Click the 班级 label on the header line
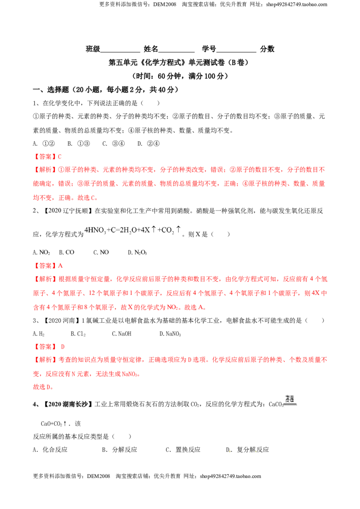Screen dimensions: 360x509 tap(93, 49)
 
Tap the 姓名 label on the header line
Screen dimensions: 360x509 tap(151, 49)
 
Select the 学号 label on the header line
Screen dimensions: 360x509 tap(209, 49)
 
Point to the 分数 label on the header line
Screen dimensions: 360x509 tap(267, 49)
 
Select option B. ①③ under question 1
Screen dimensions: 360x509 tap(79, 143)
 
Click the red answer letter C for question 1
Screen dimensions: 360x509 tap(59, 157)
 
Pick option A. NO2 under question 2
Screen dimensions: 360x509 tap(41, 253)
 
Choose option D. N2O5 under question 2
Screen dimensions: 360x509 tap(137, 253)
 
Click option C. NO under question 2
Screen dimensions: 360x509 tap(101, 252)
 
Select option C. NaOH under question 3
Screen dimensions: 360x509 tap(121, 334)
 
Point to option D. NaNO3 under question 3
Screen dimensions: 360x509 tap(170, 334)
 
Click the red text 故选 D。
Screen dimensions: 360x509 tap(43, 387)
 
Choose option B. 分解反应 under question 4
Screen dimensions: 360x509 tap(119, 450)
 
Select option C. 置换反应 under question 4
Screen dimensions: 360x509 tap(183, 450)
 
